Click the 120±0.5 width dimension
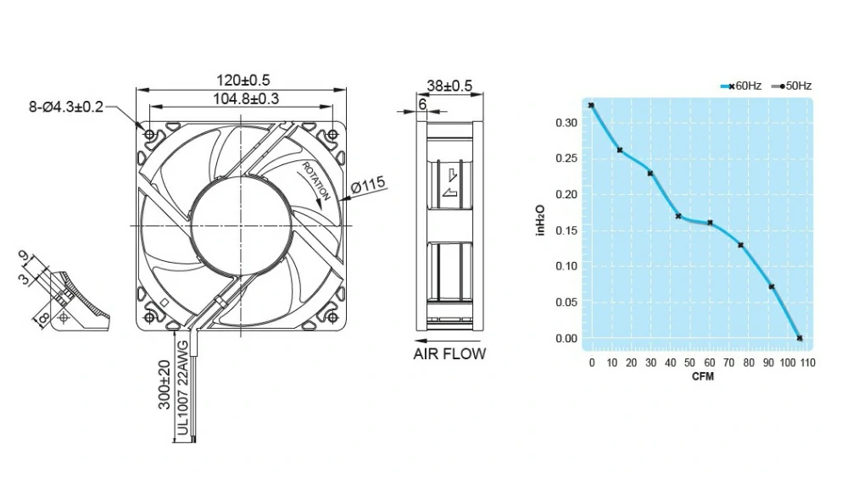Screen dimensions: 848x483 243,80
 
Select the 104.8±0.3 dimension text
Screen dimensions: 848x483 246,99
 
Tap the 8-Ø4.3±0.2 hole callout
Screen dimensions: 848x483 66,107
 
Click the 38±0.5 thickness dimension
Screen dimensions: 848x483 449,86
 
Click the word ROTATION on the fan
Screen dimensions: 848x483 315,180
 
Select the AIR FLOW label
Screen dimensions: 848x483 449,354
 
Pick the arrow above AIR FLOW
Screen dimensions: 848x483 447,341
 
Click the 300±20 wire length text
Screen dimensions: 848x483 165,385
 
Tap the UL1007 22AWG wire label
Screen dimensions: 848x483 183,388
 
